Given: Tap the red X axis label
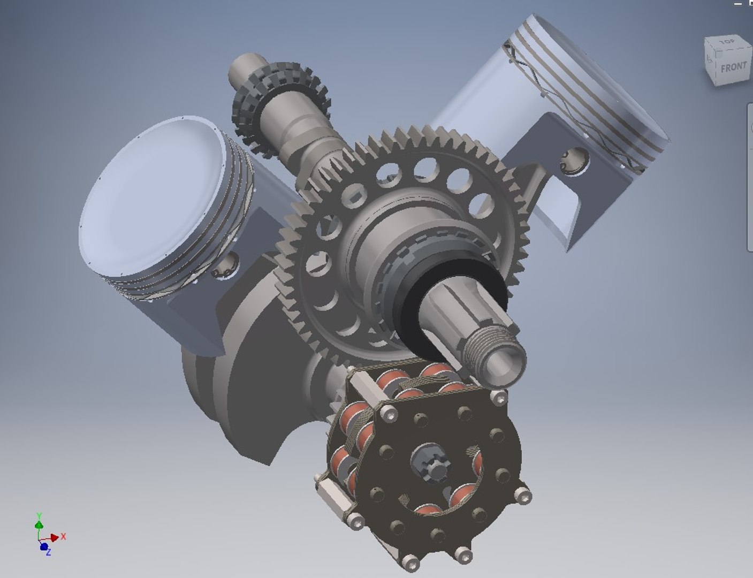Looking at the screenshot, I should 63,536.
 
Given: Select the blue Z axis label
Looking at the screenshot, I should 48,552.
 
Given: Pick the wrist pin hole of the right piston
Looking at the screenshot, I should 575,161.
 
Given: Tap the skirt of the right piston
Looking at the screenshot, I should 541,193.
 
